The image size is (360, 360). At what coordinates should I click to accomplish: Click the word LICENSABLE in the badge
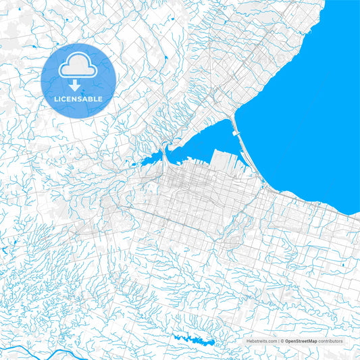point(78,99)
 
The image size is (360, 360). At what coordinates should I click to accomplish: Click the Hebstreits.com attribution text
point(260,342)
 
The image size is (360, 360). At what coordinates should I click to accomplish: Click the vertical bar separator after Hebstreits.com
point(278,342)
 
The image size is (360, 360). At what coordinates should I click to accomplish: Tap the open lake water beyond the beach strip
point(304,115)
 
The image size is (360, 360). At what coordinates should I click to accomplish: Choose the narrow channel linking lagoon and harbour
point(164,157)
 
